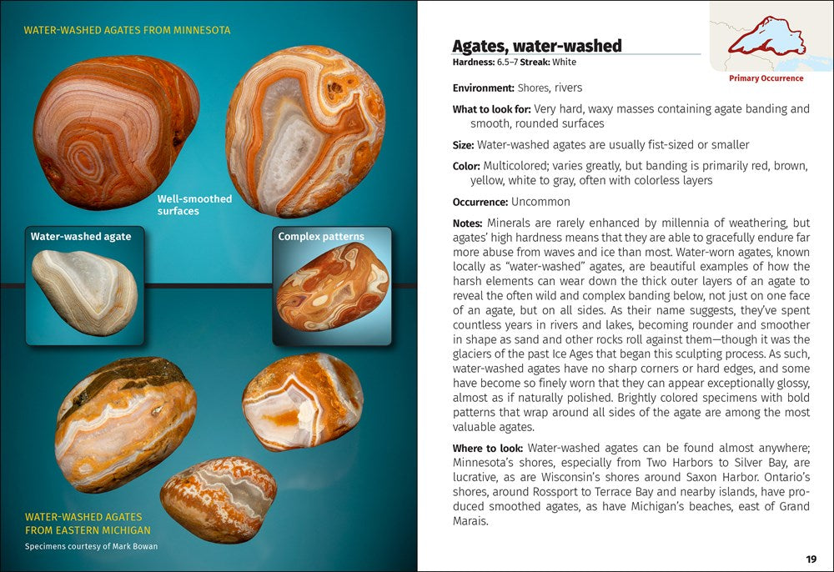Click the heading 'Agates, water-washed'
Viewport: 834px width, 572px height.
(x=536, y=46)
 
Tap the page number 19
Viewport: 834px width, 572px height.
(x=811, y=559)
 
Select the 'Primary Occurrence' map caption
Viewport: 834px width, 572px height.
(x=766, y=78)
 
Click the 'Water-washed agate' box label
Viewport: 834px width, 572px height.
(x=81, y=237)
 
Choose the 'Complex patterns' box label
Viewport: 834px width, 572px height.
(x=321, y=237)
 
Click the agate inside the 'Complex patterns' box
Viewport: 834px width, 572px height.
(x=333, y=287)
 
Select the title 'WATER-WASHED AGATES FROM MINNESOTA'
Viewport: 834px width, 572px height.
(x=127, y=30)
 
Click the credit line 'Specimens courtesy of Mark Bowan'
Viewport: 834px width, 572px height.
(x=91, y=547)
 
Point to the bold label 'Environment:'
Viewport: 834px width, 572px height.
(x=483, y=88)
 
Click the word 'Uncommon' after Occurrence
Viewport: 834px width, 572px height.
(x=540, y=202)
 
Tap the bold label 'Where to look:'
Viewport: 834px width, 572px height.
(x=488, y=449)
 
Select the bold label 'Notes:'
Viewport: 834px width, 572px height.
(x=467, y=223)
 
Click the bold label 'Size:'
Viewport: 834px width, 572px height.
(x=463, y=145)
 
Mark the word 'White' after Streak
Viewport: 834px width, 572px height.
(x=563, y=63)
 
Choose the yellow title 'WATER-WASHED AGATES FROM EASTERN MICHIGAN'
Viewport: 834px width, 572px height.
(x=88, y=523)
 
